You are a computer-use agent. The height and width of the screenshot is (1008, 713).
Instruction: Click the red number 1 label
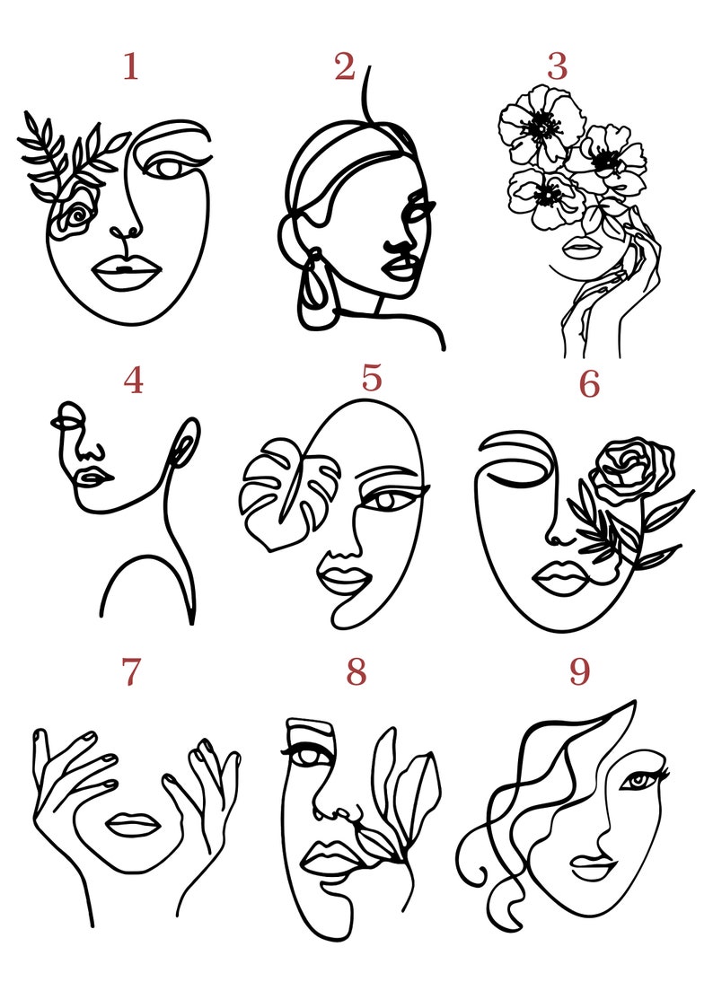point(130,67)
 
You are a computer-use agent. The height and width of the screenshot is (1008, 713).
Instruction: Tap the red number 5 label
point(372,379)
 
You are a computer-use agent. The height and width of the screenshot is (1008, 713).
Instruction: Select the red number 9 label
point(579,672)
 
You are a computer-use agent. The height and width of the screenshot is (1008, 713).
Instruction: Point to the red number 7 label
point(131,672)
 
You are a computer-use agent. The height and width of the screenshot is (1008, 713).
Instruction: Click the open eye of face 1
point(166,167)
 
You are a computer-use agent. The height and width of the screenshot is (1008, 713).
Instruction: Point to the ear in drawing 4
point(186,446)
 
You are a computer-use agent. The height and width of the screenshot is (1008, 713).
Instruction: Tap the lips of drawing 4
point(92,476)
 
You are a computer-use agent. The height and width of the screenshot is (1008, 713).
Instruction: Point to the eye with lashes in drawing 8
point(308,755)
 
